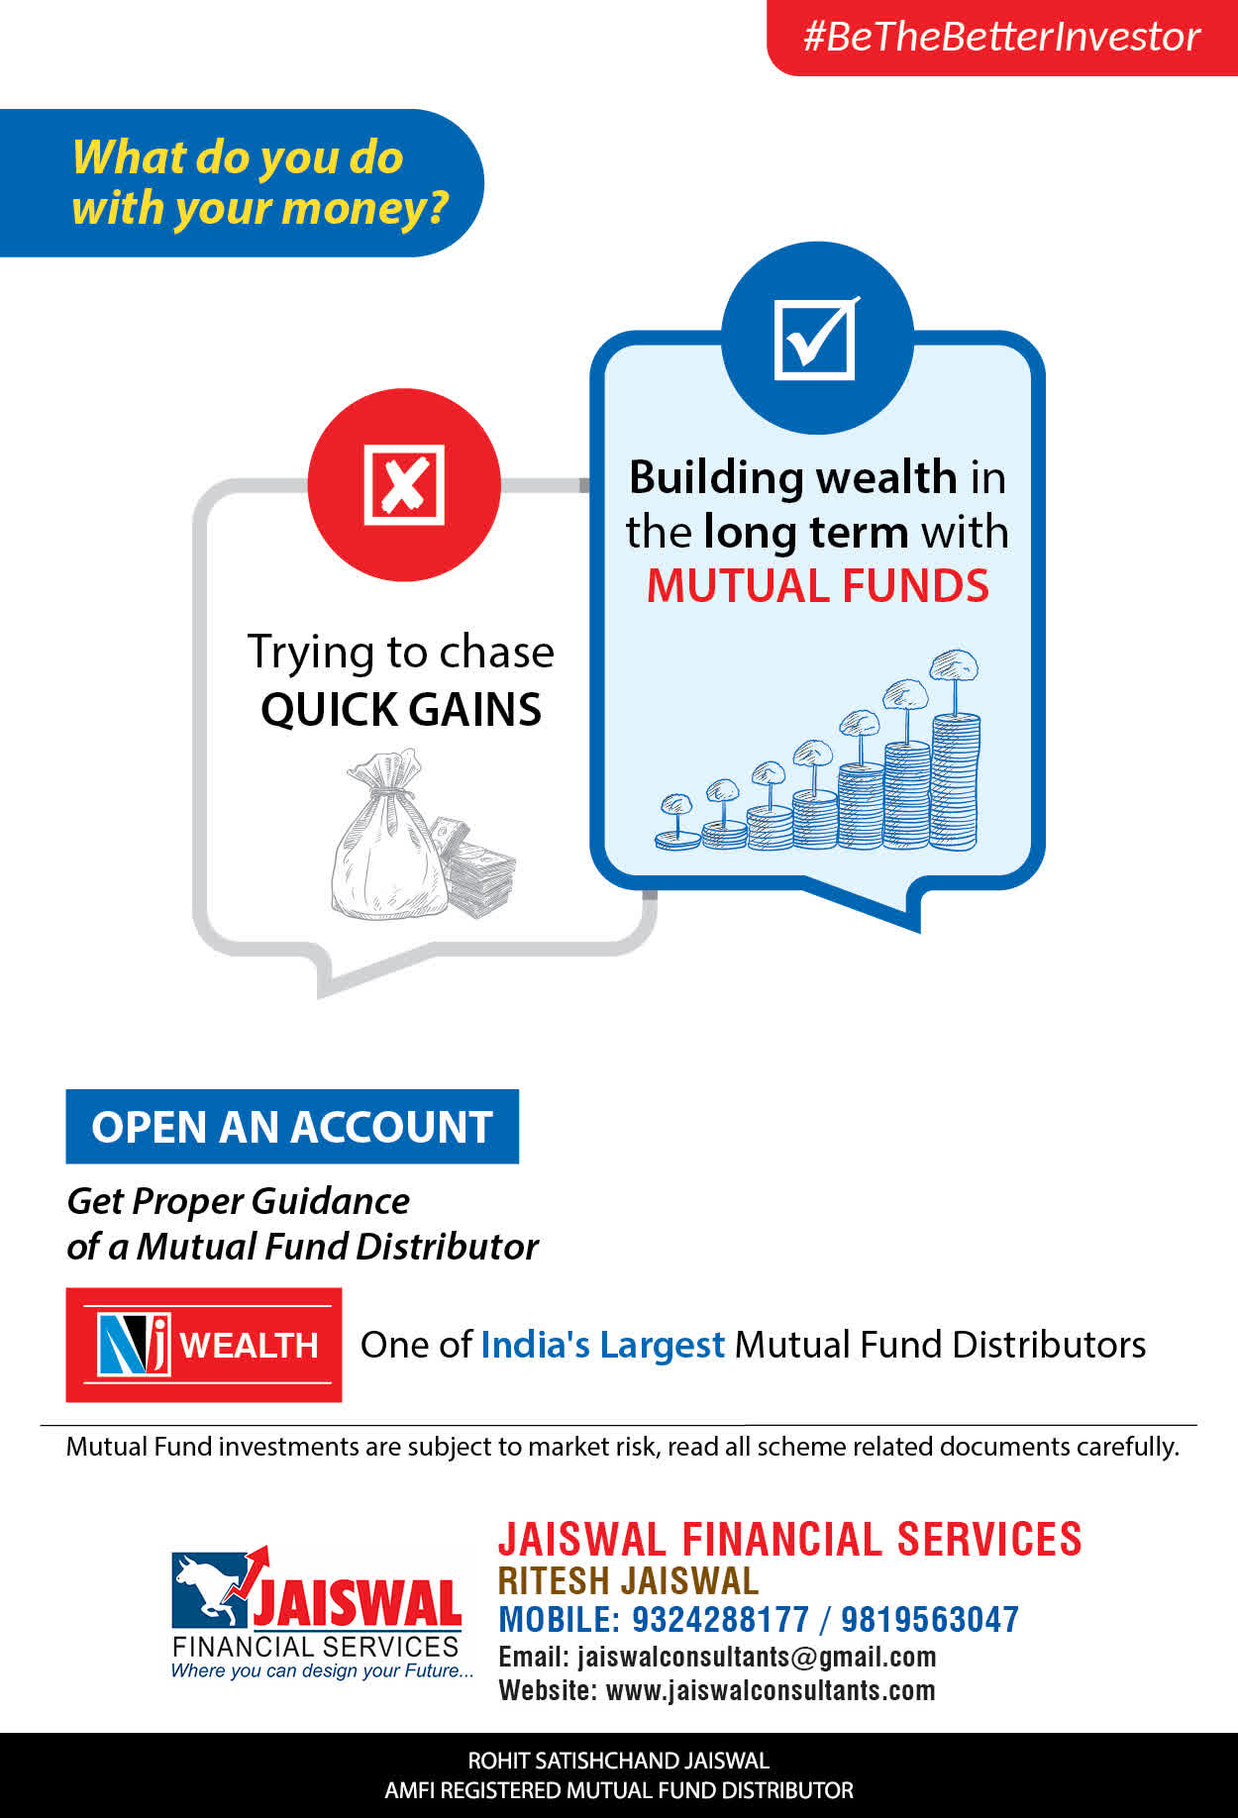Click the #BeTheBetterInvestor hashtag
click(x=1001, y=37)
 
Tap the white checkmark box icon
click(x=816, y=338)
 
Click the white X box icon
click(x=404, y=484)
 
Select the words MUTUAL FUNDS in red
click(x=818, y=585)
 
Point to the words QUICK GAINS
click(x=401, y=709)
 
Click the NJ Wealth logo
click(x=204, y=1345)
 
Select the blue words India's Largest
click(x=602, y=1345)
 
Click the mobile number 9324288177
click(x=720, y=1620)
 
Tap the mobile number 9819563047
click(x=929, y=1620)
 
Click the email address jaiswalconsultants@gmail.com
click(x=757, y=1657)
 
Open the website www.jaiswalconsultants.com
click(x=770, y=1690)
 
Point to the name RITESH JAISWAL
click(x=628, y=1580)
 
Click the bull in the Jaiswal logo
click(x=210, y=1587)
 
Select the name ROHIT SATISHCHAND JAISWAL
click(x=618, y=1761)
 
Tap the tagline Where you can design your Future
click(x=322, y=1670)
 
